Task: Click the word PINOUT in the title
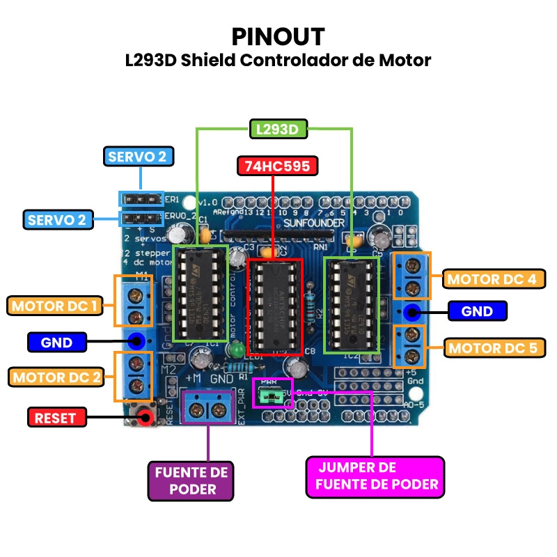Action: [x=278, y=36]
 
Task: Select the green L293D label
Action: [x=278, y=129]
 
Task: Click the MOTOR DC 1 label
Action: [x=54, y=305]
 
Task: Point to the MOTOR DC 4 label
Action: [x=492, y=279]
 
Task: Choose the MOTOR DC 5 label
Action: [x=492, y=347]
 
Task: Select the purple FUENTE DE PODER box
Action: [x=191, y=480]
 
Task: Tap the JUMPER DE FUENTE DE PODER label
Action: [x=375, y=476]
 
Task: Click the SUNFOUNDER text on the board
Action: [x=313, y=222]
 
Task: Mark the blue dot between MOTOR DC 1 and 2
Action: [x=136, y=341]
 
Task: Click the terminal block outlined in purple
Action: [x=207, y=407]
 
